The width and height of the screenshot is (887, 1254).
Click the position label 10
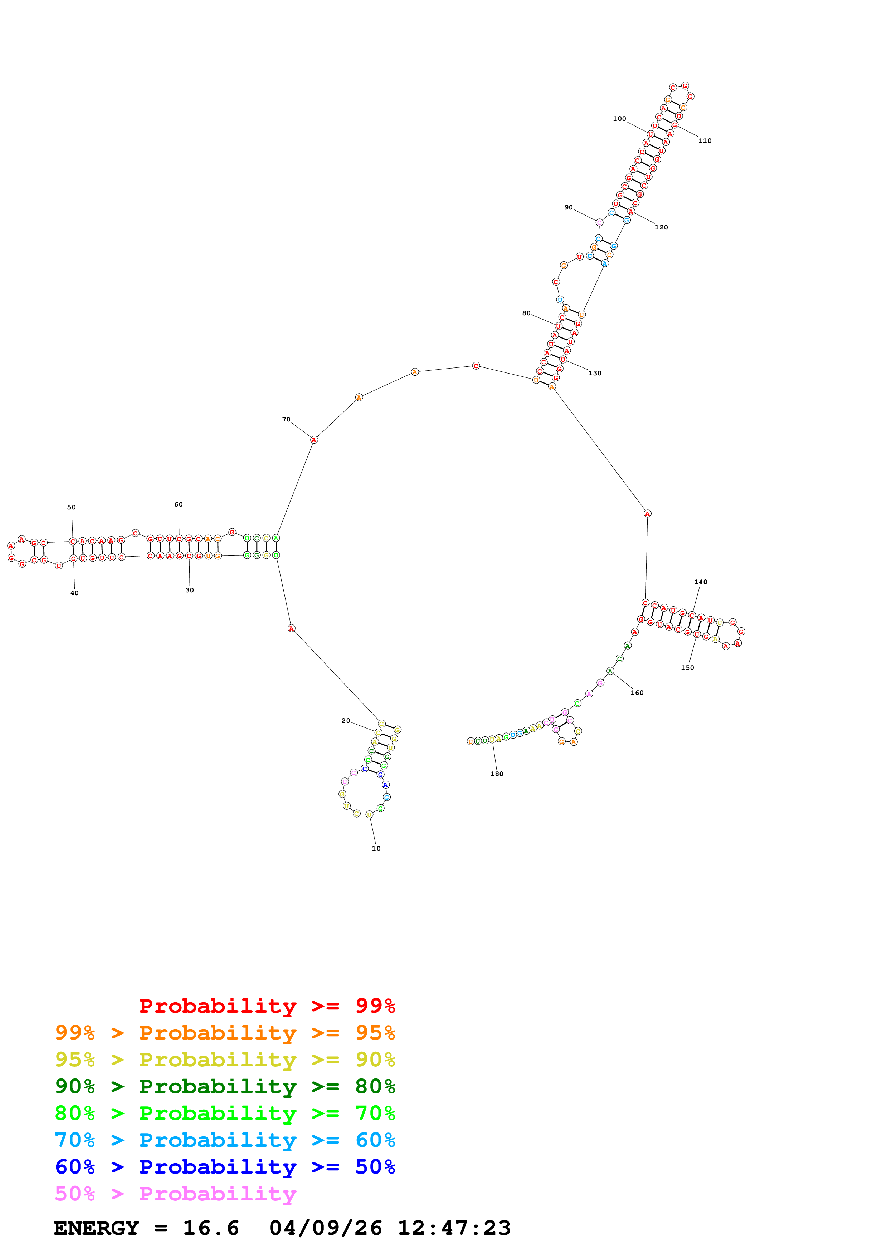[x=376, y=848]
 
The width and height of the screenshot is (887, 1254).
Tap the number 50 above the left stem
[x=72, y=507]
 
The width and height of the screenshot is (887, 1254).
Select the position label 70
[x=286, y=419]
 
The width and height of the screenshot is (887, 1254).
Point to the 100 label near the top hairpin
[x=619, y=119]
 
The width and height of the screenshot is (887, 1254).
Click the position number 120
[x=661, y=227]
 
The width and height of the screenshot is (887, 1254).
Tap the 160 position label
[x=637, y=692]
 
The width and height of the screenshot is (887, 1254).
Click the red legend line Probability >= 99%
[x=267, y=1006]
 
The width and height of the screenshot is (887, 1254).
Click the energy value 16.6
[x=211, y=1228]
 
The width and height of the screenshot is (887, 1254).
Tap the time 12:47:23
[x=454, y=1228]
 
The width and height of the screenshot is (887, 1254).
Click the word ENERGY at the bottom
[x=96, y=1228]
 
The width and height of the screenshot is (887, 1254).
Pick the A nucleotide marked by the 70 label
[x=314, y=440]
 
